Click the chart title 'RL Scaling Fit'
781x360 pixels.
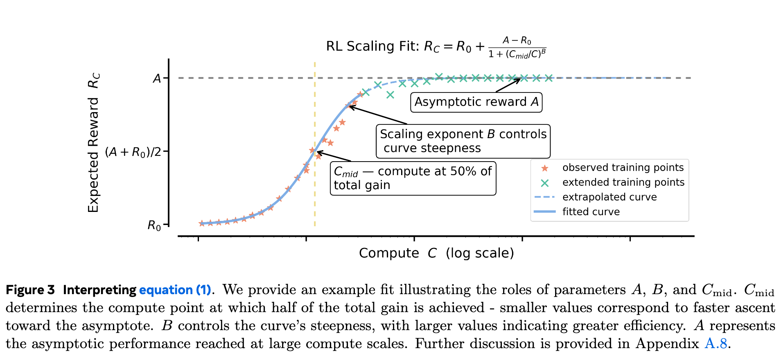(x=372, y=46)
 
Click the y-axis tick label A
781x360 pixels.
(x=157, y=78)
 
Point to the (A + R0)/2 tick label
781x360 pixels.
(x=133, y=152)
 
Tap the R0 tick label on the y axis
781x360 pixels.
(x=154, y=225)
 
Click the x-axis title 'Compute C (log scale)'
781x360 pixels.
(x=436, y=253)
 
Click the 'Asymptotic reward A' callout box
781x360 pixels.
(x=476, y=102)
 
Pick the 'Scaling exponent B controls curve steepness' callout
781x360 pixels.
(x=463, y=141)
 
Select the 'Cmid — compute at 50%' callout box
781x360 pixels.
(x=413, y=178)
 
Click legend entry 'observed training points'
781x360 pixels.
(x=623, y=168)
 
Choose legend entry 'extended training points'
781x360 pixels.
(x=623, y=182)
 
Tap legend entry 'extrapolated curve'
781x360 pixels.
(x=609, y=197)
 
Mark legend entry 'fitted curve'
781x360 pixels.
(x=591, y=212)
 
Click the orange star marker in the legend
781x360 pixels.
(x=544, y=168)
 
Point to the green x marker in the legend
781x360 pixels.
(x=544, y=183)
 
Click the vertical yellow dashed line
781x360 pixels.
(x=314, y=196)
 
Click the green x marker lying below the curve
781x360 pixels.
(x=390, y=95)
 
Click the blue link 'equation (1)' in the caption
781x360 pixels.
(x=175, y=290)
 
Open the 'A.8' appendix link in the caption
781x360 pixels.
(x=716, y=344)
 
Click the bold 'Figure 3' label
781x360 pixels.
(x=30, y=290)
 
